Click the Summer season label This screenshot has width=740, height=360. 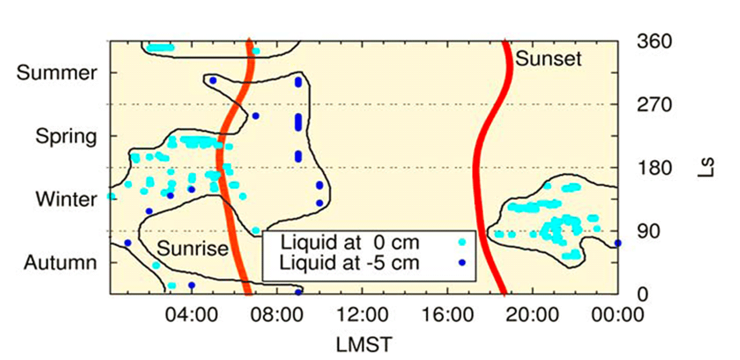click(x=57, y=73)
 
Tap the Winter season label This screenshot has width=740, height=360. click(x=66, y=199)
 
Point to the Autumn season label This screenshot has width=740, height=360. click(x=61, y=263)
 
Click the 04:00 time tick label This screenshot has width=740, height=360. click(x=191, y=314)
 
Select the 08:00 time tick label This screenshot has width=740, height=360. click(x=277, y=314)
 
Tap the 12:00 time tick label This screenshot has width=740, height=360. click(x=362, y=314)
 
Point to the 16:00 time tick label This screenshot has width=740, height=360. click(x=447, y=314)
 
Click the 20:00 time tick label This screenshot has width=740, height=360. click(x=532, y=314)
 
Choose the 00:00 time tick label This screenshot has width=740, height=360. click(x=618, y=314)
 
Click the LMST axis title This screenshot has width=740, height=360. click(x=364, y=345)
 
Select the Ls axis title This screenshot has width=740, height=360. click(x=706, y=168)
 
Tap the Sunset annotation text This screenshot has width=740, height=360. click(x=549, y=59)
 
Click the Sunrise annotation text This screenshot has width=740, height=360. click(x=193, y=248)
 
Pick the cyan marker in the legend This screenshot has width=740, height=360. click(x=462, y=242)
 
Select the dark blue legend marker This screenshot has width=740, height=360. click(x=462, y=262)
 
